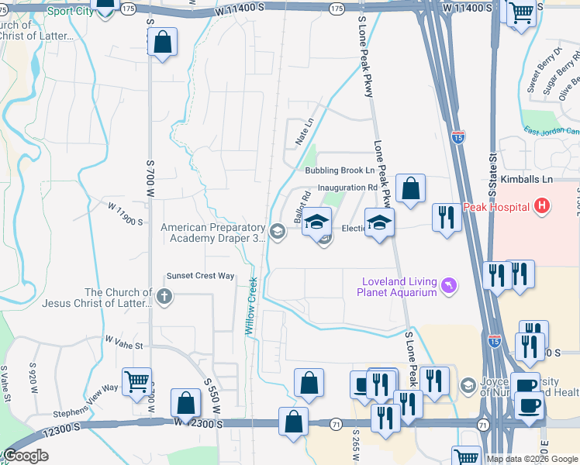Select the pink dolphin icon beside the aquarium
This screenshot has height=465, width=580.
point(448,288)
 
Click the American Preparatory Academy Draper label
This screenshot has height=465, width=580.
point(213,232)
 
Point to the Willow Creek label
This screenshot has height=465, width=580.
point(251,306)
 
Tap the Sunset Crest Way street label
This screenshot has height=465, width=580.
point(200,276)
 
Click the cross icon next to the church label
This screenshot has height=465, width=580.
point(164,296)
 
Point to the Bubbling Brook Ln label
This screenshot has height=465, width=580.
point(340,170)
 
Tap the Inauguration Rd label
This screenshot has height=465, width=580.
point(347,188)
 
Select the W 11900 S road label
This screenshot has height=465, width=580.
point(126,215)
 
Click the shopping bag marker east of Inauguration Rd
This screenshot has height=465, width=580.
point(410,188)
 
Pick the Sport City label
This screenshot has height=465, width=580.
point(64,11)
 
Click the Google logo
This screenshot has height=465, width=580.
point(26,456)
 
